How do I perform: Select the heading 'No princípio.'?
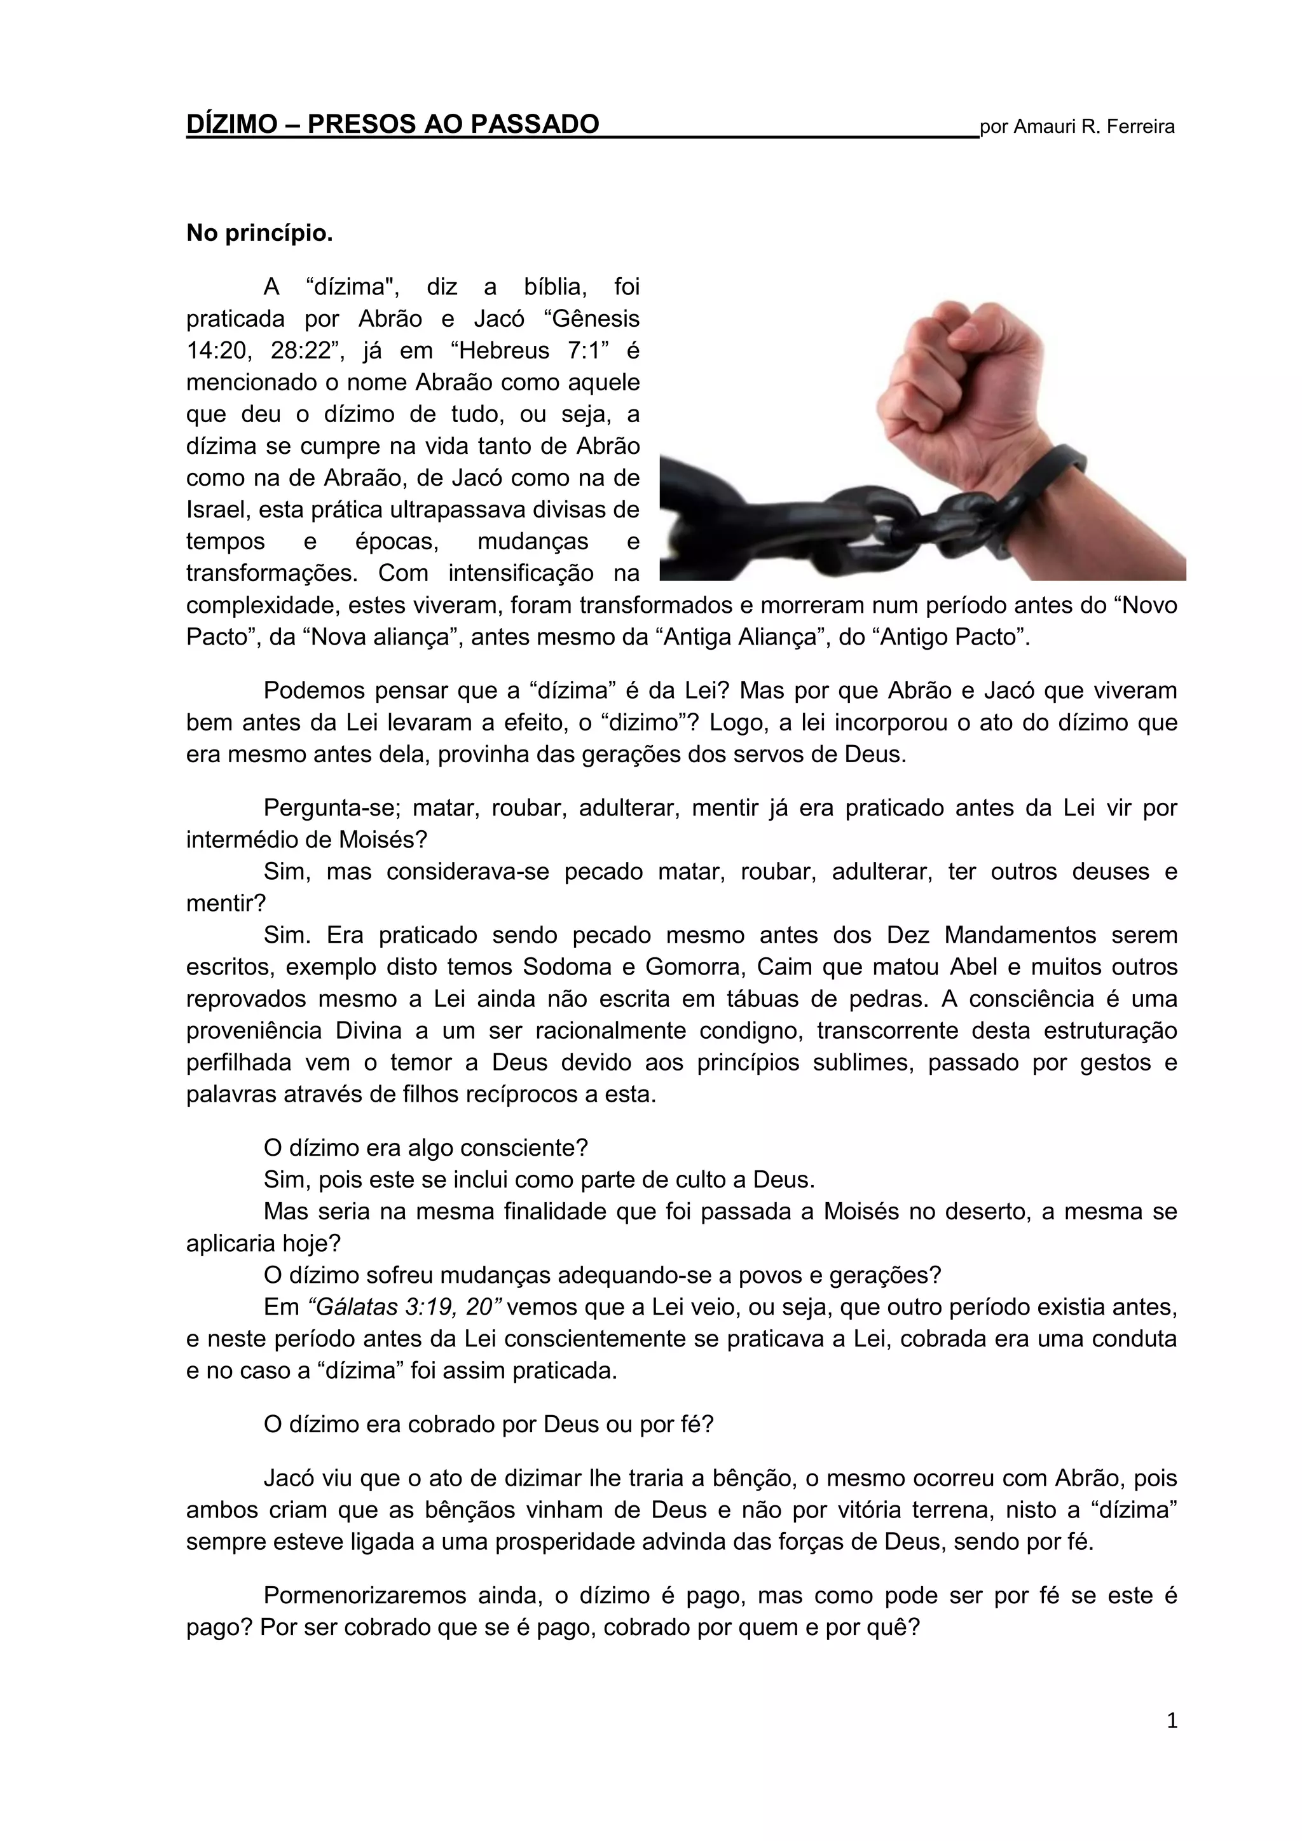click(259, 233)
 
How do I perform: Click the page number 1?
click(1171, 1721)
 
